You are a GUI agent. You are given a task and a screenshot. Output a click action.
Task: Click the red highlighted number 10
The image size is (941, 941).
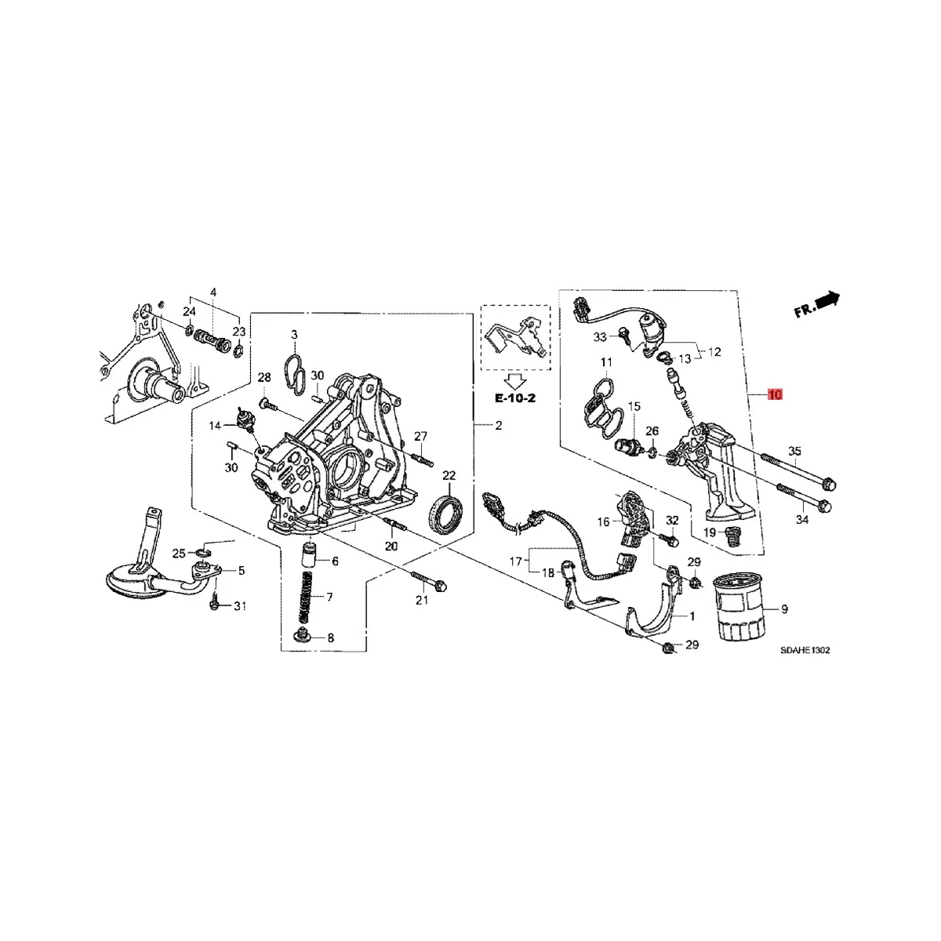[775, 394]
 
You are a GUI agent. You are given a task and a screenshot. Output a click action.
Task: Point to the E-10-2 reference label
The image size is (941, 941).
[514, 398]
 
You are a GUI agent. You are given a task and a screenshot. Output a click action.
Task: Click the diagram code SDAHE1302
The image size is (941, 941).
[805, 650]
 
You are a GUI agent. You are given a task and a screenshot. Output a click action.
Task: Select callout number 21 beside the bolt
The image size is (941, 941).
[422, 601]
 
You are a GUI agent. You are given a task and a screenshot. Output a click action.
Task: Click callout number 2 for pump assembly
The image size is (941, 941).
[497, 426]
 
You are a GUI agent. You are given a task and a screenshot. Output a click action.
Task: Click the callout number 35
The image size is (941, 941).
[795, 451]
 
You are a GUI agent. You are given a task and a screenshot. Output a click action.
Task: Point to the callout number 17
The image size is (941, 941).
[515, 561]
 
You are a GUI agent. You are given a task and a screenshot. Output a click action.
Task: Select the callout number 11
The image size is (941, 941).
[606, 362]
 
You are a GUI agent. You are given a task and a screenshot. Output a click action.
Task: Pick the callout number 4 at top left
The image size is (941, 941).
[213, 293]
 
